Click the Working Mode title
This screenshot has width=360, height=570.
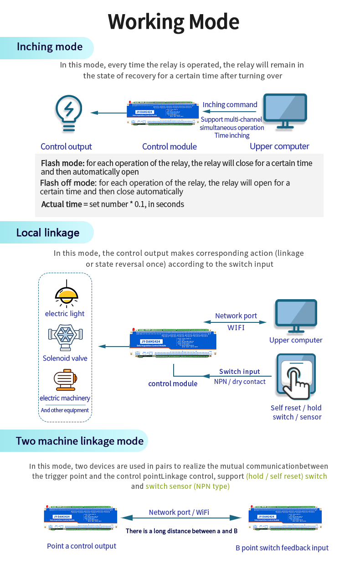pyautogui.click(x=174, y=21)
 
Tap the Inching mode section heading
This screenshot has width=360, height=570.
pyautogui.click(x=50, y=47)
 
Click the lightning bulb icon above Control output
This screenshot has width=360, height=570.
pyautogui.click(x=68, y=113)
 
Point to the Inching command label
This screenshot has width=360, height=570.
pyautogui.click(x=230, y=104)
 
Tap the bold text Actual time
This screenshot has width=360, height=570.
pyautogui.click(x=62, y=204)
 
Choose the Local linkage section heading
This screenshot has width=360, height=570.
pyautogui.click(x=48, y=233)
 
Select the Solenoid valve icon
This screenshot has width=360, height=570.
pyautogui.click(x=65, y=336)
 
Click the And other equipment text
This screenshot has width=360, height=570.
pyautogui.click(x=65, y=410)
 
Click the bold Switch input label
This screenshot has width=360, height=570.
pyautogui.click(x=239, y=372)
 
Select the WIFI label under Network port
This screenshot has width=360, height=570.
pyautogui.click(x=236, y=327)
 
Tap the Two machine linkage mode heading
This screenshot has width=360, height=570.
pyautogui.click(x=80, y=441)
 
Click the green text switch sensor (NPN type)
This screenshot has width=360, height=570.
pyautogui.click(x=187, y=487)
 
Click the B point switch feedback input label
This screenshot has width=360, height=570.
pyautogui.click(x=282, y=548)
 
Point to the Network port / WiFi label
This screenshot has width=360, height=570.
pyautogui.click(x=179, y=512)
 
